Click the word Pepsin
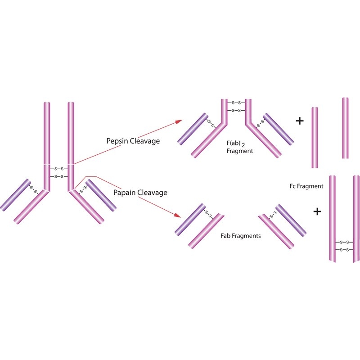117,141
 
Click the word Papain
124,193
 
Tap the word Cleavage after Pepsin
145,141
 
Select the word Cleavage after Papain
152,193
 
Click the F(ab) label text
234,143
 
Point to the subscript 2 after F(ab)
243,145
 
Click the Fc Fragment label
306,186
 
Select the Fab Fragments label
241,236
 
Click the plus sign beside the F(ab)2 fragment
300,121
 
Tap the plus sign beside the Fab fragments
317,211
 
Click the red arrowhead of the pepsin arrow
179,121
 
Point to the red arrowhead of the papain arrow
178,215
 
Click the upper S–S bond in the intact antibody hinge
59,169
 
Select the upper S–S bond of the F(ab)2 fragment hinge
236,103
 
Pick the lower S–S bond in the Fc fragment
344,250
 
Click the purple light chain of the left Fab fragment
190,219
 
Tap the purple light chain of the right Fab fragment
291,220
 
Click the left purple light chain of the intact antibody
15,195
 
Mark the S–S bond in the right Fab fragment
273,215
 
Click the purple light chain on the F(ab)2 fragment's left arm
193,129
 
